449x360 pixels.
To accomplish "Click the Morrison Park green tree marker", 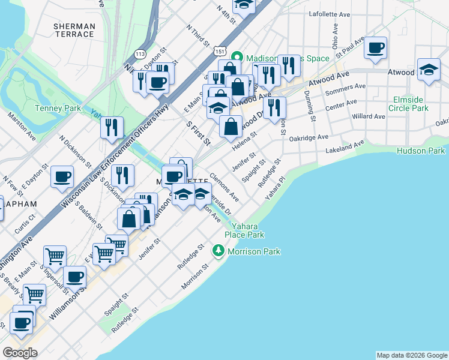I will click(x=218, y=251).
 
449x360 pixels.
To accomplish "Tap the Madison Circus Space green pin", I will click(x=237, y=58).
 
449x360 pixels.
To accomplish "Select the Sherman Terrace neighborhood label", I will click(x=74, y=30).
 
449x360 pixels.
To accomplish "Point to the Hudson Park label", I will click(x=421, y=151).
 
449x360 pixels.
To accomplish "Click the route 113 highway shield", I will click(x=140, y=53).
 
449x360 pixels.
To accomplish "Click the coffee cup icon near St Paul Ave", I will click(x=375, y=48).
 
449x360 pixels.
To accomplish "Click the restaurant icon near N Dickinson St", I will click(x=112, y=127).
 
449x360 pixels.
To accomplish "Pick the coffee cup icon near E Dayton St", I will click(x=62, y=177).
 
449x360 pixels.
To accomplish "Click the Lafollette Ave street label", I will click(x=329, y=13).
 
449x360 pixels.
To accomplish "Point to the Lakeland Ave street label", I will click(x=345, y=148).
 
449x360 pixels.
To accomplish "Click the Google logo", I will click(x=20, y=353).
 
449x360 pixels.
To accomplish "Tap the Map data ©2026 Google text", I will click(x=411, y=355).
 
